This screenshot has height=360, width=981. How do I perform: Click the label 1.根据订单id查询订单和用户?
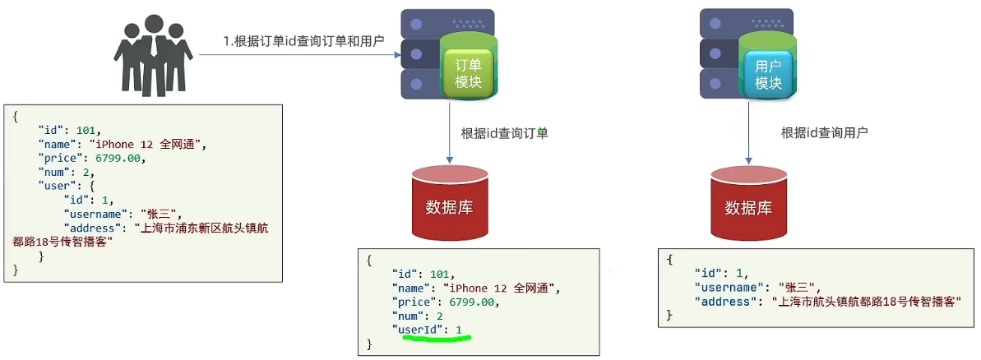[x=303, y=40]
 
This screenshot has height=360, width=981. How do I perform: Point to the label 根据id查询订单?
[x=504, y=133]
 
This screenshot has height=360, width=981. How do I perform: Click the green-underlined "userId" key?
[x=420, y=330]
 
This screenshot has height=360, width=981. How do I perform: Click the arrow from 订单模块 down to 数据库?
[x=449, y=132]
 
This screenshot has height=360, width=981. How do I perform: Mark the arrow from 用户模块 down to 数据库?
[x=747, y=132]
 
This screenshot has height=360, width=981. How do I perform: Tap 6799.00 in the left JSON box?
[x=122, y=158]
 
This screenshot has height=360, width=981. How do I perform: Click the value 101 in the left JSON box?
[x=87, y=130]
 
